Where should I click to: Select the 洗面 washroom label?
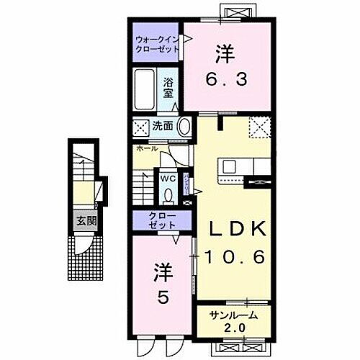(x=162, y=126)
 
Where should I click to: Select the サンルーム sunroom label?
(x=234, y=315)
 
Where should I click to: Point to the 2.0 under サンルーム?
(x=233, y=329)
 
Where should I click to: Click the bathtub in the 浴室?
(x=146, y=88)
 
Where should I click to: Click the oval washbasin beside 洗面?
(x=184, y=127)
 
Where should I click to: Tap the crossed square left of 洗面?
(x=139, y=127)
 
